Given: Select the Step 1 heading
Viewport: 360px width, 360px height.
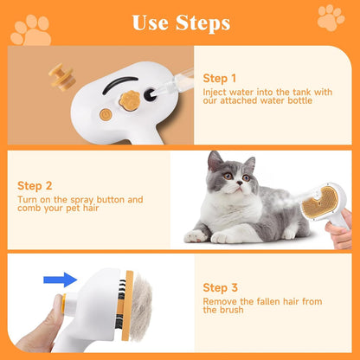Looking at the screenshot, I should pyautogui.click(x=220, y=78).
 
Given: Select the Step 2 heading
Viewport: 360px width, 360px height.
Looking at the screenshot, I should pyautogui.click(x=35, y=184).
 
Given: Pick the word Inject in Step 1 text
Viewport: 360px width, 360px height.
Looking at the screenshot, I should pyautogui.click(x=215, y=92).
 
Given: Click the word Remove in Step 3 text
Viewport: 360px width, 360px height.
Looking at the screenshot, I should pyautogui.click(x=218, y=302).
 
